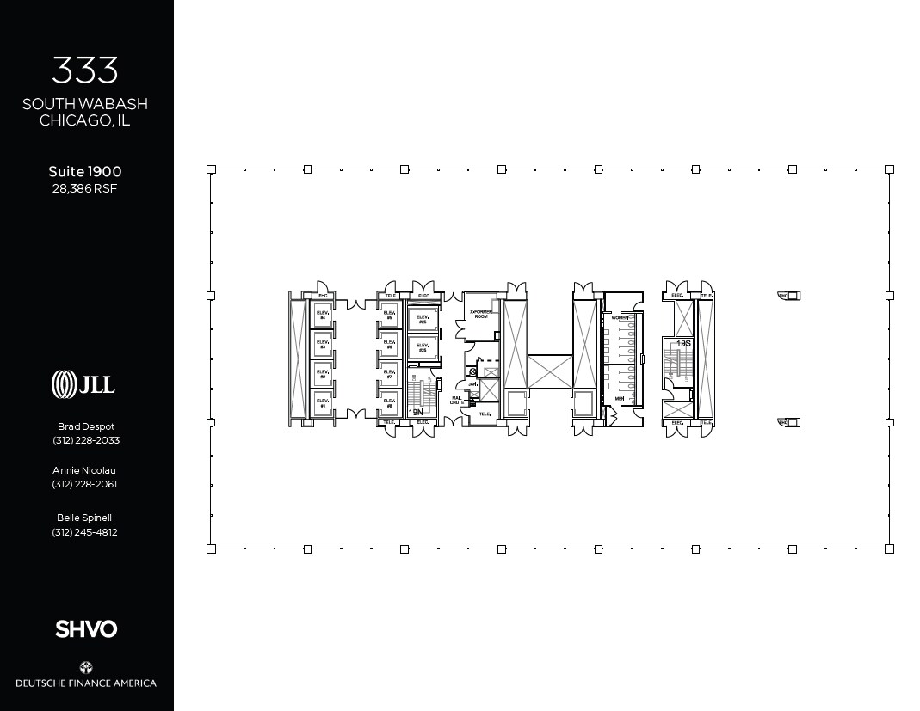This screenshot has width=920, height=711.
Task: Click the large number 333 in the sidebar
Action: tap(85, 70)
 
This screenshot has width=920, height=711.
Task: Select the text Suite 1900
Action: tap(85, 171)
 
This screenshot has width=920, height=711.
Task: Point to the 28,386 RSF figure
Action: tap(85, 188)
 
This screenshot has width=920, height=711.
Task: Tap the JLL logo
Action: tap(83, 383)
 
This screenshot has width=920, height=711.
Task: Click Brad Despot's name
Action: tap(85, 426)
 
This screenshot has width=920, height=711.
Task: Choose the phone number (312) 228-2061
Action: tap(85, 484)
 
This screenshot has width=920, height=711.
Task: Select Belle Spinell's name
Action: tap(85, 518)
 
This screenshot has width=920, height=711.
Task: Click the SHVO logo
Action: tap(86, 629)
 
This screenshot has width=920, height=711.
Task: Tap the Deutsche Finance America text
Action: tap(86, 683)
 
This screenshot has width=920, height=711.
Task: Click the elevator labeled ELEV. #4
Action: tap(323, 317)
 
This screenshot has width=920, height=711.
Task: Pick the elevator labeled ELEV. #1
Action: tap(323, 401)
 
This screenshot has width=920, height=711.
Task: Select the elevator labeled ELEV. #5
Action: tap(389, 316)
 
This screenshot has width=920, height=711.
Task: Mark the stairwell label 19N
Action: tap(416, 413)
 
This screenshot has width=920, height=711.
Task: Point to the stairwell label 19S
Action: tap(683, 344)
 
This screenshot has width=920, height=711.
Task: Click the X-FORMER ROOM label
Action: tap(479, 314)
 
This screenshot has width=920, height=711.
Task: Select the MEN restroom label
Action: tap(619, 399)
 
